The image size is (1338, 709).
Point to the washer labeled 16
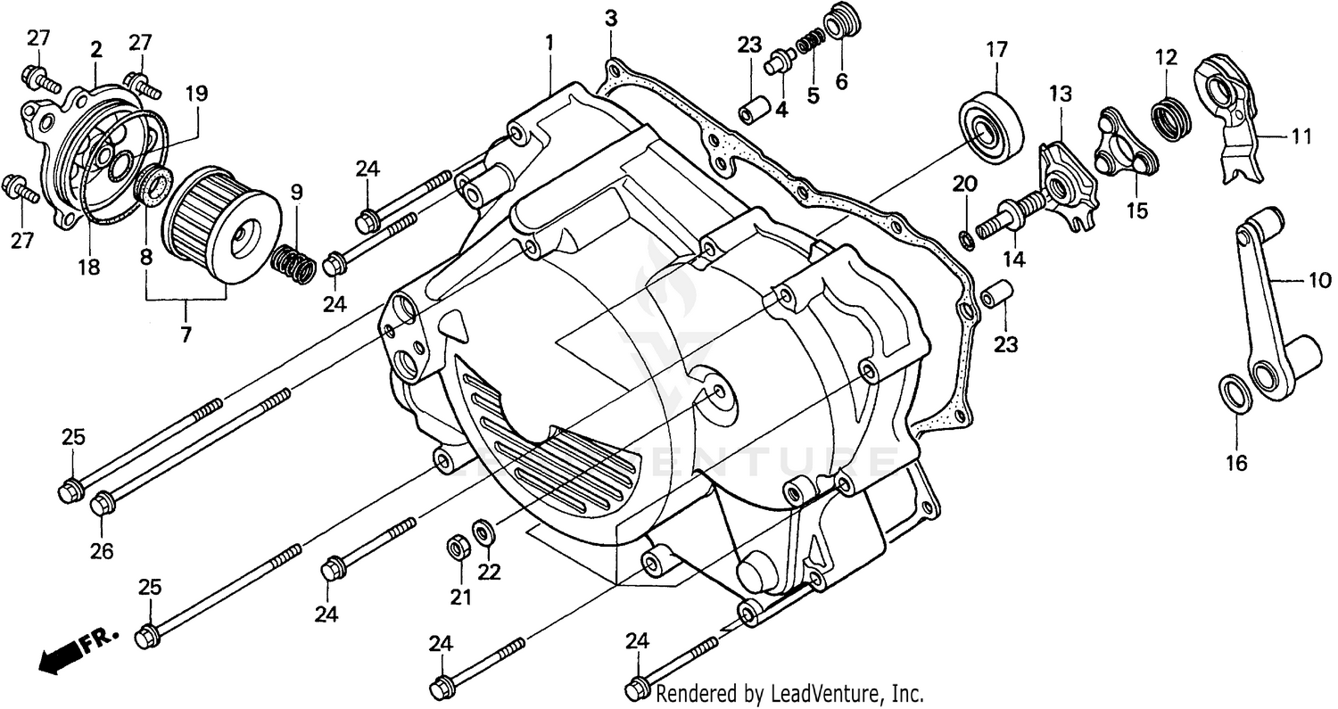coord(1235,392)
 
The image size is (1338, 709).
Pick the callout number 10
coord(1318,281)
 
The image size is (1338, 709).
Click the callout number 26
coord(102,551)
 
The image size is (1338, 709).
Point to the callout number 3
coord(610,18)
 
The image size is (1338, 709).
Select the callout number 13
coord(1059,93)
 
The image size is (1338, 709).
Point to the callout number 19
coord(196,92)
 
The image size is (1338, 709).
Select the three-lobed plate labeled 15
coord(1127,145)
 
